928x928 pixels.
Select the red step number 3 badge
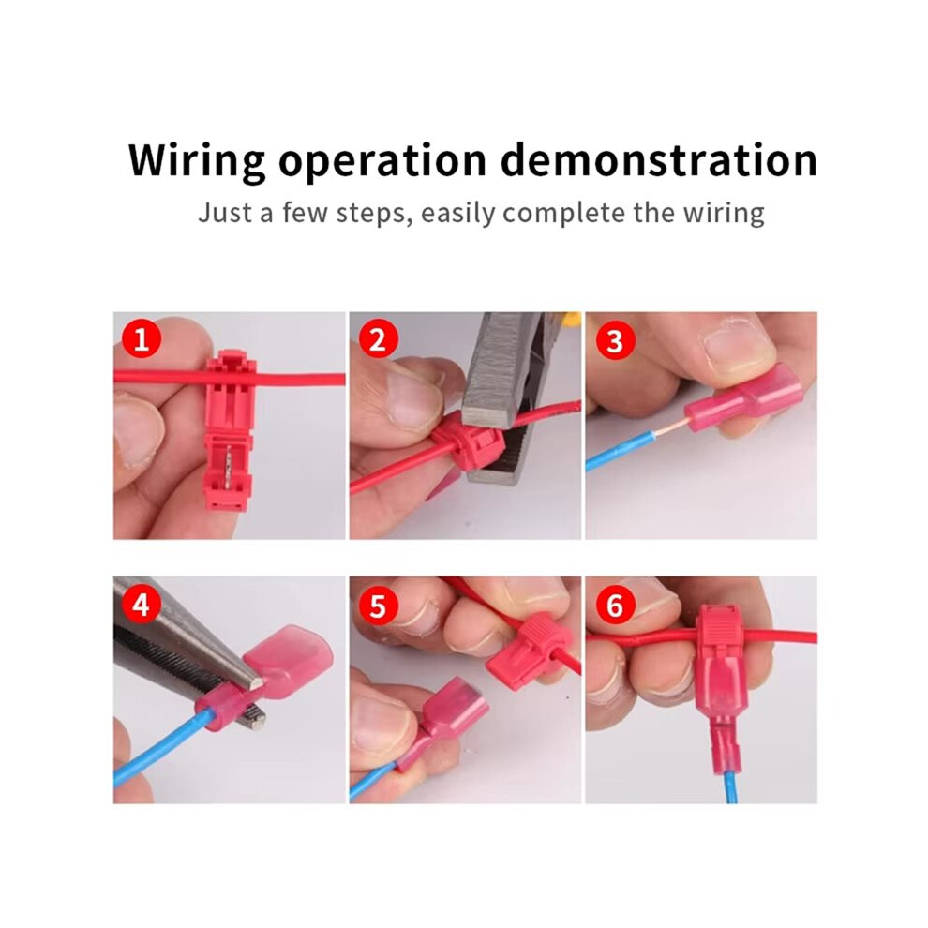pos(615,341)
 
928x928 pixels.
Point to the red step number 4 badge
pos(142,605)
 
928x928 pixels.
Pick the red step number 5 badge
pos(377,606)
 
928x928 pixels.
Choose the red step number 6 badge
pos(615,606)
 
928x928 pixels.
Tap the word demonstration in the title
pos(659,159)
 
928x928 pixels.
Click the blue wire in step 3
pos(619,449)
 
